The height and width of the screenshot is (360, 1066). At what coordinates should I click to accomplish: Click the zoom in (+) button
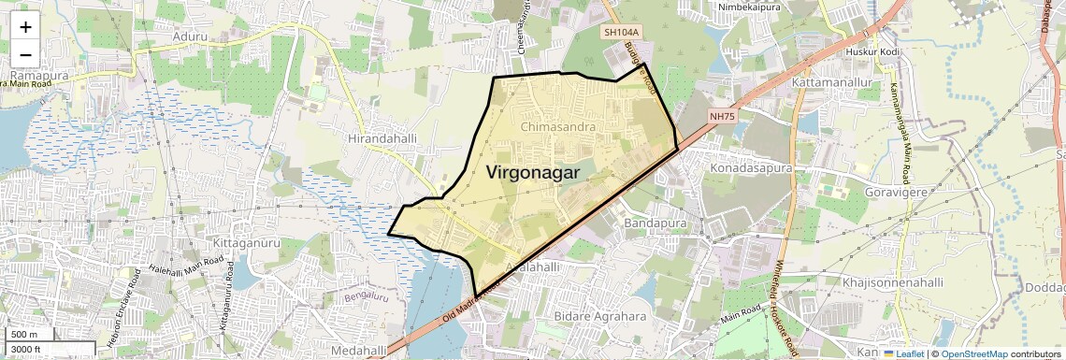pos(25,27)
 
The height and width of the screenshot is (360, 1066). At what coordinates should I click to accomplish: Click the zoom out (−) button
pos(25,54)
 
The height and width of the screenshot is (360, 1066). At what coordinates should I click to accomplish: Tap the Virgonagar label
pos(532,173)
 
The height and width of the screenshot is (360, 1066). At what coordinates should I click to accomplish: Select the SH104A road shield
pos(621,32)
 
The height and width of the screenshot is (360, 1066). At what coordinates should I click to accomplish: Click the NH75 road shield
pos(723,117)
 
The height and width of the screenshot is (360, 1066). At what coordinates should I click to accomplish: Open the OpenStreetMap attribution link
pos(973,353)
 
